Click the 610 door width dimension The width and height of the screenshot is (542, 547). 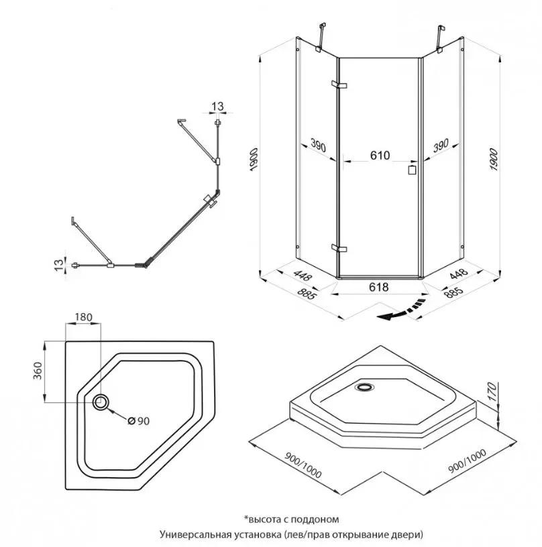coord(379,155)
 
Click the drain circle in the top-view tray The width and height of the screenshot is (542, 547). coord(101,402)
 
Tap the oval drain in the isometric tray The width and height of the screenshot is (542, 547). coord(366,386)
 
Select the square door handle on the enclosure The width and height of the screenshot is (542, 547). coord(411,170)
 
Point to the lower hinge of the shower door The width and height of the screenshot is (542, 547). coord(339,249)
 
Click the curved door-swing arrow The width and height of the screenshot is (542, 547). coord(400,311)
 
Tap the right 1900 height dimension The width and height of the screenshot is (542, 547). coord(494,160)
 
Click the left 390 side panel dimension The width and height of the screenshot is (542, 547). coord(318,145)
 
